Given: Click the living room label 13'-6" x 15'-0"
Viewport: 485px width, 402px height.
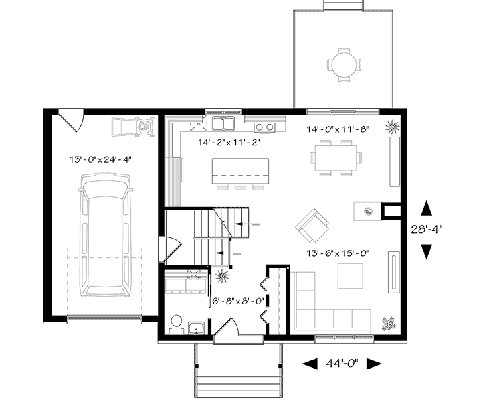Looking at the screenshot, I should (338, 253).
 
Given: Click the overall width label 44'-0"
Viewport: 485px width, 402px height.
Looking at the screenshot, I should (343, 364).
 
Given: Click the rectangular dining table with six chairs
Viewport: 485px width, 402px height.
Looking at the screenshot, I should (336, 159).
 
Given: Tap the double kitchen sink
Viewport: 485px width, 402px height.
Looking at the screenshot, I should (223, 123).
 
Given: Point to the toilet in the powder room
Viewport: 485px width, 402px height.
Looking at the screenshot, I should (176, 326).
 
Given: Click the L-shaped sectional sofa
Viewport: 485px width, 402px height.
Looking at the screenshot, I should (328, 305).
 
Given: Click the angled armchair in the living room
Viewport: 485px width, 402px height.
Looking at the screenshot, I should (312, 224).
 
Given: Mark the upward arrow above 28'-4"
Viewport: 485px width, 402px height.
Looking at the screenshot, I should (427, 206).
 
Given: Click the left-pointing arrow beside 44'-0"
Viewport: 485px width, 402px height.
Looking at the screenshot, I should (310, 364).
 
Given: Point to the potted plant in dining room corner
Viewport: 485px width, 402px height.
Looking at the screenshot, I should (390, 127).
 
